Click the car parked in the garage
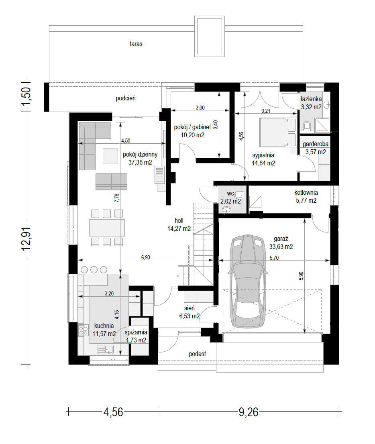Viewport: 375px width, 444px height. (x=248, y=281)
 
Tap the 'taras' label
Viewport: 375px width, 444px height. (x=136, y=44)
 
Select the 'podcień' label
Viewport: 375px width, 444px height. (x=126, y=98)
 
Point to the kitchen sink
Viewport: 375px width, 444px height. (x=105, y=349)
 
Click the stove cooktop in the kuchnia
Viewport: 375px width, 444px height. (x=83, y=330)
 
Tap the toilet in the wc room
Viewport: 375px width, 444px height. (x=239, y=195)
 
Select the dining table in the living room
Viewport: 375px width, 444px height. (x=107, y=228)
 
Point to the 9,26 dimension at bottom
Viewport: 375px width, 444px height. (x=249, y=412)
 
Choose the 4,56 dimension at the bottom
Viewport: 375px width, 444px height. (x=113, y=412)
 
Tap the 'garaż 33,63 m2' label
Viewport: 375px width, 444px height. (x=281, y=242)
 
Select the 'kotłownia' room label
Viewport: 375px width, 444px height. (x=306, y=193)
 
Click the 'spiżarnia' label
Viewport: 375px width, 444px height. (x=136, y=332)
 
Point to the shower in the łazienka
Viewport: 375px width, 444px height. (x=322, y=125)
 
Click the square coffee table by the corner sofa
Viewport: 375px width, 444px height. (x=110, y=156)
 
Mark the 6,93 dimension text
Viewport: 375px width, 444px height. (x=146, y=257)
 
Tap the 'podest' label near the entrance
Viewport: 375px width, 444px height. (x=198, y=354)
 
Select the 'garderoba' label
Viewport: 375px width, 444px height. (x=316, y=144)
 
